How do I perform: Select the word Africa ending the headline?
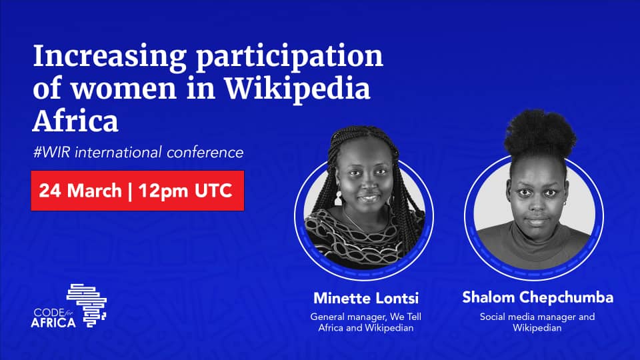[75, 121]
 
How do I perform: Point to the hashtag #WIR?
[53, 153]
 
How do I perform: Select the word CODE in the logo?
[47, 312]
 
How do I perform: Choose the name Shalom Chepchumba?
[537, 297]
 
